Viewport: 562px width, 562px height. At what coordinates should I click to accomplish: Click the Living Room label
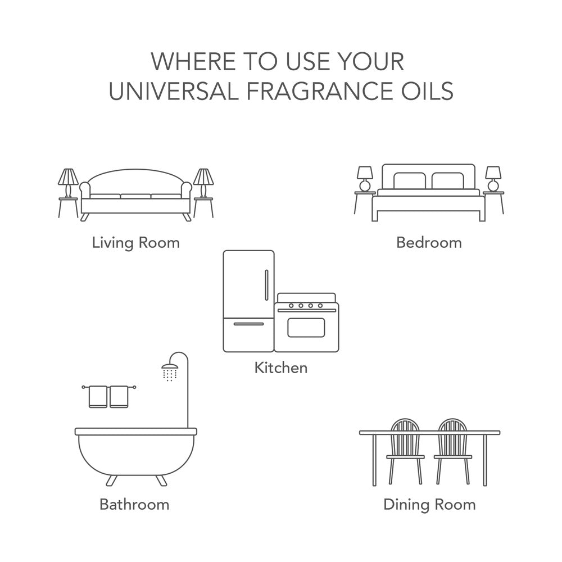click(136, 243)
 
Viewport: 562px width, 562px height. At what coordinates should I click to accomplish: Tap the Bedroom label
click(429, 243)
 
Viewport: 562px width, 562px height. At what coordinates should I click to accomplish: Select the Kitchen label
click(280, 368)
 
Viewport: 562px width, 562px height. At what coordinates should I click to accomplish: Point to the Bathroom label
click(134, 504)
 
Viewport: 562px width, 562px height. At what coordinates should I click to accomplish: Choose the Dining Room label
click(429, 505)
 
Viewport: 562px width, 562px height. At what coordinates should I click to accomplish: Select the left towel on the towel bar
click(98, 397)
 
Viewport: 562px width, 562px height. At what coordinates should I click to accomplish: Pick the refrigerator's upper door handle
click(266, 285)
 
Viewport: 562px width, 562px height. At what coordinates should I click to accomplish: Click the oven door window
click(306, 327)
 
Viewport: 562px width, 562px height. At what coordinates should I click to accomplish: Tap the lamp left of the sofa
click(68, 183)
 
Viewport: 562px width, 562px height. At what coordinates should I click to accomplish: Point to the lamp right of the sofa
click(203, 183)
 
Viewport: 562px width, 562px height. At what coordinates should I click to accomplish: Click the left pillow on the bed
click(410, 180)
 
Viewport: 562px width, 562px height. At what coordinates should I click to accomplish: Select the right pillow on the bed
click(448, 180)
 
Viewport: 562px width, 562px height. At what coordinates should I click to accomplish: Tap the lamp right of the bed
click(493, 179)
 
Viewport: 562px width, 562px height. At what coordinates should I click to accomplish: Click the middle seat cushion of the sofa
click(135, 196)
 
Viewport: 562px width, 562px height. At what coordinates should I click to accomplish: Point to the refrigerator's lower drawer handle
click(248, 324)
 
